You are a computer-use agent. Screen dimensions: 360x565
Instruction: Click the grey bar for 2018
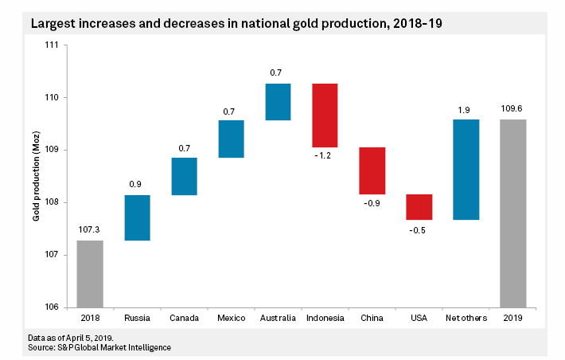[x=90, y=273]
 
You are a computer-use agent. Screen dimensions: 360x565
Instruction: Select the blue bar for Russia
[x=137, y=217]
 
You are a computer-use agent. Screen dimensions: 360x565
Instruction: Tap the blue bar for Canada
[x=184, y=176]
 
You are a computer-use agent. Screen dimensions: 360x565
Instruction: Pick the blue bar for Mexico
[x=231, y=139]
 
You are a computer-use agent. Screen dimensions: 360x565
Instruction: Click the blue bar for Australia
[x=278, y=101]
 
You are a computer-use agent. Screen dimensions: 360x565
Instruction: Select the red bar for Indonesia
[x=325, y=115]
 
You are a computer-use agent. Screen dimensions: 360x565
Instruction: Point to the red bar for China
[x=372, y=170]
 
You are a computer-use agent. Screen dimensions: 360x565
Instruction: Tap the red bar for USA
[x=419, y=206]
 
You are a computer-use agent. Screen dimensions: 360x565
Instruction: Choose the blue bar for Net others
[x=466, y=169]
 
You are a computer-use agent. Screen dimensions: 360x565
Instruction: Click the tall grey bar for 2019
[x=512, y=213]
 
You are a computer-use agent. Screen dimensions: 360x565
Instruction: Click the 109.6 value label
[x=512, y=109]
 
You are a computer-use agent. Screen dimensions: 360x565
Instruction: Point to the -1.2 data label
[x=325, y=157]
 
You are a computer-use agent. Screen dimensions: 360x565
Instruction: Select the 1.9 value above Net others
[x=466, y=109]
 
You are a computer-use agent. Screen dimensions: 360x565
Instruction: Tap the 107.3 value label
[x=90, y=230]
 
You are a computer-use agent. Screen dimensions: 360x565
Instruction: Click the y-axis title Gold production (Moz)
[x=36, y=177]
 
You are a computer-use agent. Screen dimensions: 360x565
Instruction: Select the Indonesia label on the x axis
[x=325, y=319]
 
